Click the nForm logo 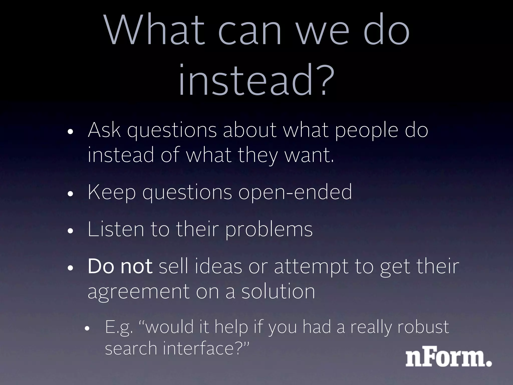coord(448,358)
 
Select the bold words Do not coord(120,266)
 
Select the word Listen coord(116,229)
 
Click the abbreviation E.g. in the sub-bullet coord(119,327)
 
